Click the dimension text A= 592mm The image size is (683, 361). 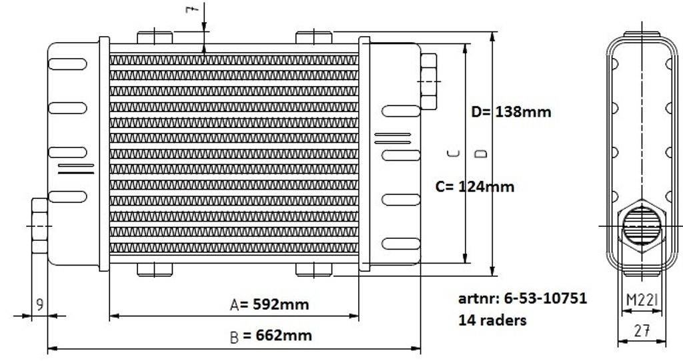click(269, 304)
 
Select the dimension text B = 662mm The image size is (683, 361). click(271, 336)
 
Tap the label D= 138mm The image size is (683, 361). click(511, 111)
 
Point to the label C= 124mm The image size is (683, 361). click(475, 187)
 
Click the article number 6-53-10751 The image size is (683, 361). click(546, 298)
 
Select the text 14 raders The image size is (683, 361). click(492, 320)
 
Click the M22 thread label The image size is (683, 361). click(642, 300)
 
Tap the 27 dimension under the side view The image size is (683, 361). click(642, 331)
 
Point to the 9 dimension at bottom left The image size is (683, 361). click(39, 304)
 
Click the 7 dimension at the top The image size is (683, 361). click(192, 9)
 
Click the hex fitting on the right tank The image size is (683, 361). click(429, 81)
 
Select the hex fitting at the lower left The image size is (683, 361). click(39, 226)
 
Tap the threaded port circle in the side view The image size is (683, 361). click(642, 226)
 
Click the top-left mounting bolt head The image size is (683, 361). click(155, 37)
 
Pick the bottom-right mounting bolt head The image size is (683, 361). click(313, 270)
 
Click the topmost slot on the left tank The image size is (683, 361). click(67, 64)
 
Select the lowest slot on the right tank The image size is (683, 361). click(401, 244)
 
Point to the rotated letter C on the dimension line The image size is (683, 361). click(454, 153)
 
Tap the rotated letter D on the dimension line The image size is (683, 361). click(482, 153)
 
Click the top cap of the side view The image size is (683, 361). click(642, 34)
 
